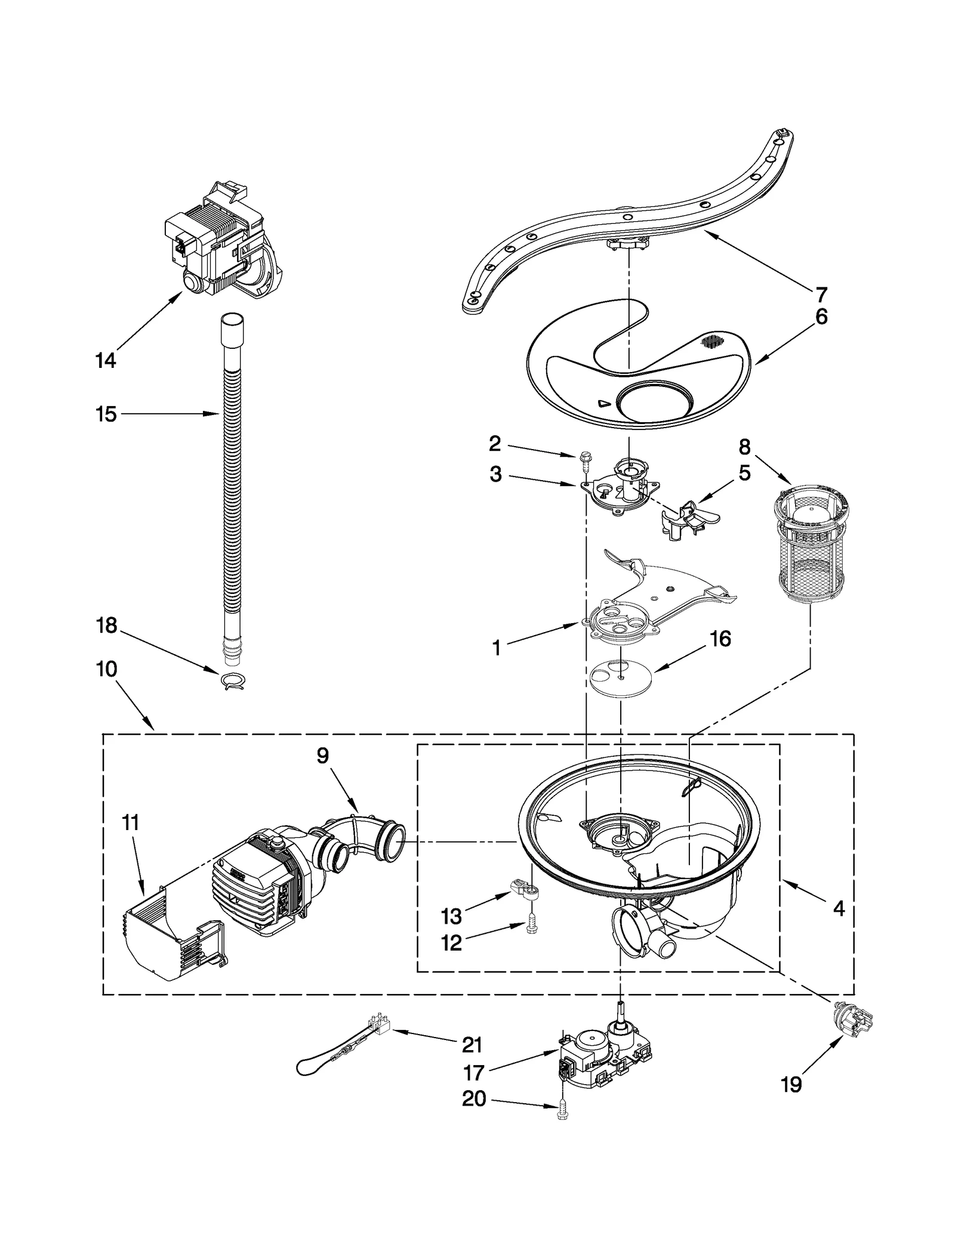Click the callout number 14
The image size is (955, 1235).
(x=106, y=360)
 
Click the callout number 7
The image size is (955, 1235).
(x=821, y=295)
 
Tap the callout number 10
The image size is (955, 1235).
(x=106, y=669)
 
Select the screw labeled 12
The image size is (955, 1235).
(x=529, y=942)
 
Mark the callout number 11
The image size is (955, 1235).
(x=130, y=823)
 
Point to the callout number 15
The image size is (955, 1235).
(x=106, y=414)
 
